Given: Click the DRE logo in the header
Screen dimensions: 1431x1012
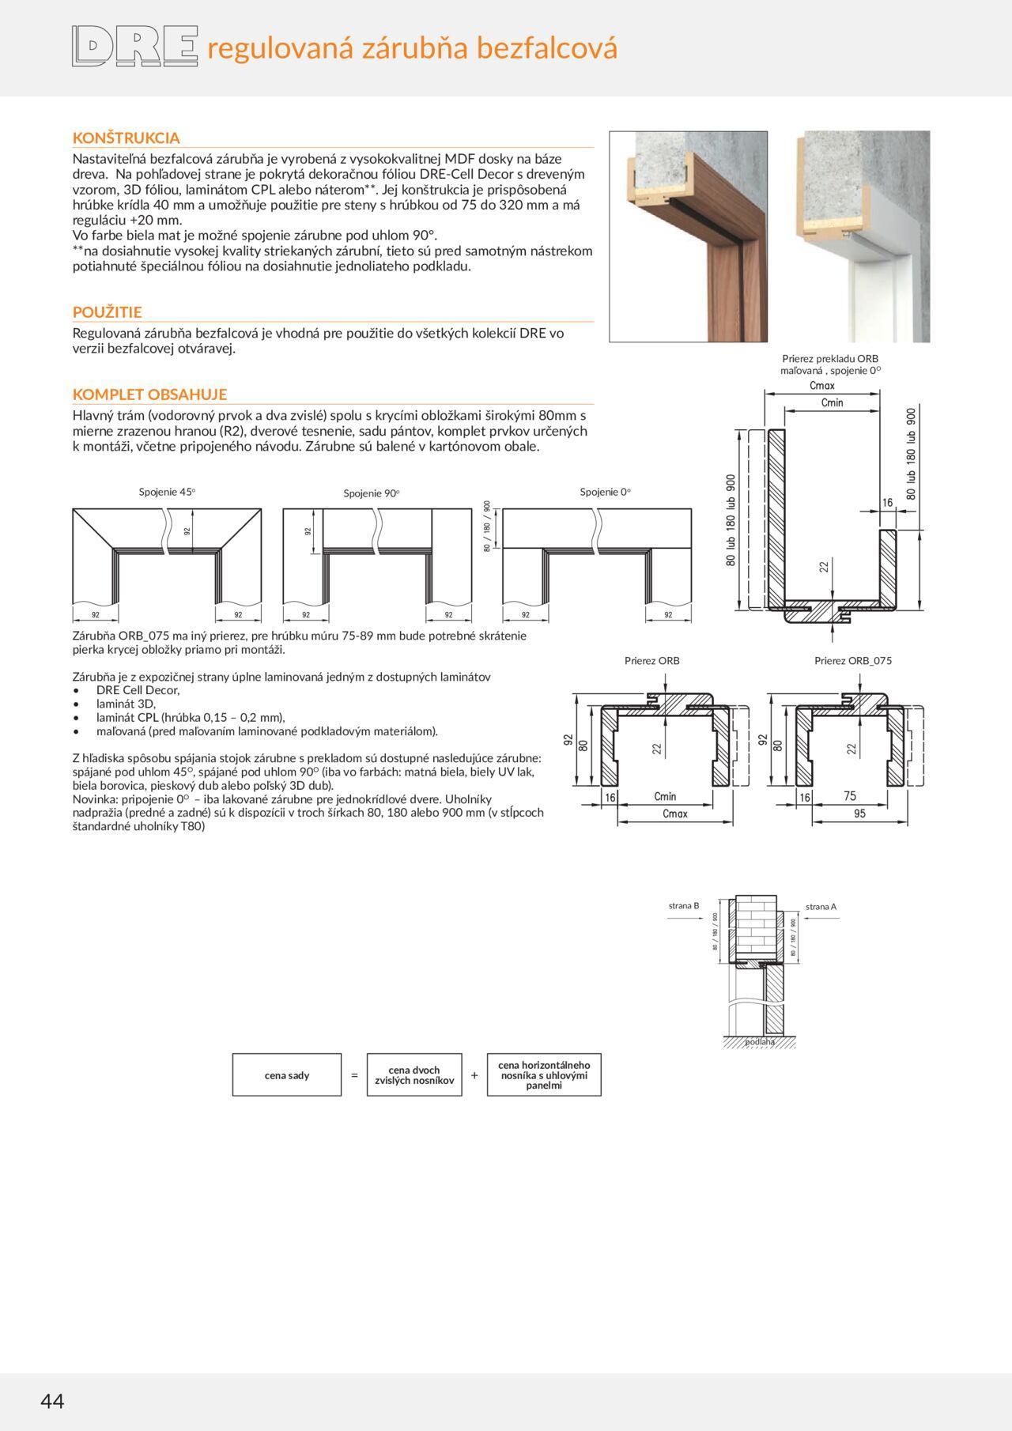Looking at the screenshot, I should click(134, 47).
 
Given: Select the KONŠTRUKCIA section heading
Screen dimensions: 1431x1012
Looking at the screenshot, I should click(126, 138).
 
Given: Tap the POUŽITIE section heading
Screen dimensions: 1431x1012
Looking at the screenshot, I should click(107, 312).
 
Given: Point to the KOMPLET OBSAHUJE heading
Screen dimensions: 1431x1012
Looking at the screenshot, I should click(149, 394).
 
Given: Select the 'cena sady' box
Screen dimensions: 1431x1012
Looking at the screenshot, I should click(287, 1075).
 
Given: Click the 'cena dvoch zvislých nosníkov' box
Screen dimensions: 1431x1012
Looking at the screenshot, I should click(414, 1075).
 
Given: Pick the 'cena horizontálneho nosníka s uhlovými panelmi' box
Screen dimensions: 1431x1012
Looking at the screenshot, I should click(544, 1075).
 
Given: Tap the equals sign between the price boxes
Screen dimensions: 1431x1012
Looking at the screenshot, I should click(354, 1075).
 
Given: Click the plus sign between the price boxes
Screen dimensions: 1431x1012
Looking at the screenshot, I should click(474, 1075).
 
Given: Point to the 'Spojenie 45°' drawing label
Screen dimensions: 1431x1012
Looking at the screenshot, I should click(167, 492).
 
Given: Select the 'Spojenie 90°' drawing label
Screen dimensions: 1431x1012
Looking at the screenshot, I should click(372, 493).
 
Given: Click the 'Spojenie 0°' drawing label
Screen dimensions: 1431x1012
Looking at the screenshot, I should click(605, 492).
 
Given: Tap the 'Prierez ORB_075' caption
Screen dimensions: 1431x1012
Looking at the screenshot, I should click(852, 661).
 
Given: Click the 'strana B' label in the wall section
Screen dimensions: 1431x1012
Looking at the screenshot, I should click(684, 906).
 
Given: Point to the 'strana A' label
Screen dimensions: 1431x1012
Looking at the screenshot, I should click(821, 907).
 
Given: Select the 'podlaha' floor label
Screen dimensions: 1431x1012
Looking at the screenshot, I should click(760, 1042).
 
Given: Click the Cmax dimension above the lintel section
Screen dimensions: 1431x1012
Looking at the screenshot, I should click(822, 386).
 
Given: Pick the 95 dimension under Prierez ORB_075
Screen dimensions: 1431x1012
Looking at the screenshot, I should click(859, 814).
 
